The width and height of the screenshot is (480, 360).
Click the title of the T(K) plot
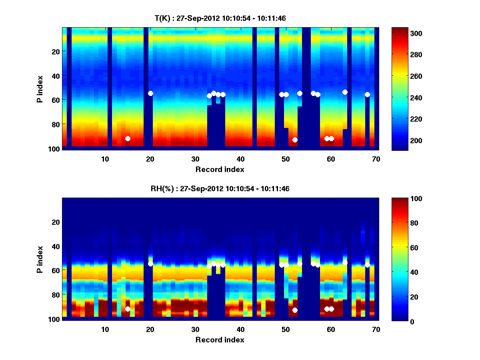click(220, 18)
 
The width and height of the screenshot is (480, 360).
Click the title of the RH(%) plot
click(220, 189)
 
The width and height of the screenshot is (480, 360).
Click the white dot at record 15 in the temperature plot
click(128, 138)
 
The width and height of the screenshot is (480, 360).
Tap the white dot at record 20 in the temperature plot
click(150, 93)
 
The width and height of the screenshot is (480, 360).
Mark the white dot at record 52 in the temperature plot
click(295, 140)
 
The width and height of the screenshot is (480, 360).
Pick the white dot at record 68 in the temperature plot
click(367, 94)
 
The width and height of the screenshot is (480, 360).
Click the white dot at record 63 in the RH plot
click(345, 262)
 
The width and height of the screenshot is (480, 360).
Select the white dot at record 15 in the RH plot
click(128, 309)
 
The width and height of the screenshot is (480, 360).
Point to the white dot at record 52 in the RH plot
click(295, 310)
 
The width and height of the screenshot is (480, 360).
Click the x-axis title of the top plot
click(220, 169)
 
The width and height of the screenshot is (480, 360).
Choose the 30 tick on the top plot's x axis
click(196, 158)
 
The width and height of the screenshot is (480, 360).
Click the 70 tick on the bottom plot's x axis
click(376, 329)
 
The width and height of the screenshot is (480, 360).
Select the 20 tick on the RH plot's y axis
click(56, 222)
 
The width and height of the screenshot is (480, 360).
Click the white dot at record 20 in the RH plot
click(150, 264)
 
